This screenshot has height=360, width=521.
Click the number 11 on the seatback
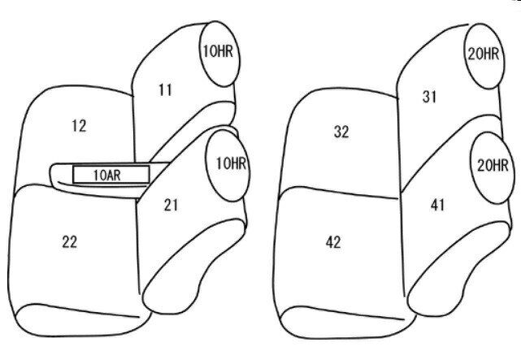pos(165,90)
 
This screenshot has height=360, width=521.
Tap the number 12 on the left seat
pos(79,126)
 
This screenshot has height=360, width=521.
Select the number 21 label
pos(171,205)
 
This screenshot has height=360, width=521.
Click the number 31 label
pos(431,97)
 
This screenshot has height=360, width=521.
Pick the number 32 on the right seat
pos(341,132)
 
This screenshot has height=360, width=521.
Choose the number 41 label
pos(437,205)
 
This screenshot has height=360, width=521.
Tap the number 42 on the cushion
pos(332,242)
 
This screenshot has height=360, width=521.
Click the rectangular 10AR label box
pos(111,174)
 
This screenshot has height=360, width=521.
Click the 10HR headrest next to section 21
pos(228,163)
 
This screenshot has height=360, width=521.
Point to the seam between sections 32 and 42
pos(341,192)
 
